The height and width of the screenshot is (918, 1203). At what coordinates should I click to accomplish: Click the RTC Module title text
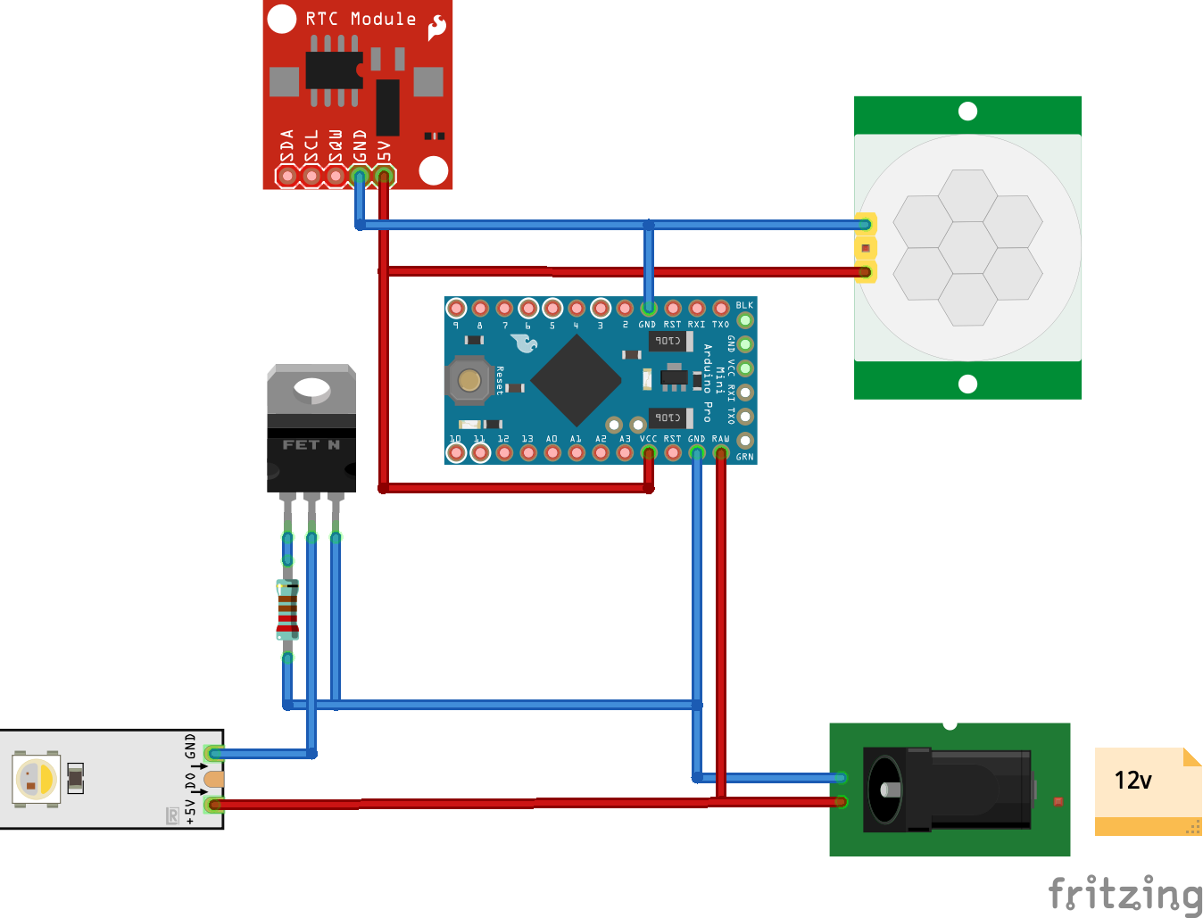tap(361, 19)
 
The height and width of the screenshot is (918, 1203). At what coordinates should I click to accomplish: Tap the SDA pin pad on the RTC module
tap(287, 176)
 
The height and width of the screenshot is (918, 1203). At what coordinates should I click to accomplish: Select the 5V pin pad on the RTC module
tap(384, 176)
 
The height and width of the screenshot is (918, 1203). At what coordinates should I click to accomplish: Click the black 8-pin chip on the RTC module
tap(334, 70)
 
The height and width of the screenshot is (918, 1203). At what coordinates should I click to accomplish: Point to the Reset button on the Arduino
tap(469, 380)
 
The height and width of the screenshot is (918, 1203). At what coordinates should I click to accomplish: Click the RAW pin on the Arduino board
tap(721, 453)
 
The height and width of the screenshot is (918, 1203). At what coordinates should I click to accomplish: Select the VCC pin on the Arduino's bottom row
tap(649, 453)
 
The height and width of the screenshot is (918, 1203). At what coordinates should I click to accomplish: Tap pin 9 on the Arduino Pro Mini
tap(456, 309)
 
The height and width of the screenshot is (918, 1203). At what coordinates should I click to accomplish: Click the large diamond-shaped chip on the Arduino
tap(577, 380)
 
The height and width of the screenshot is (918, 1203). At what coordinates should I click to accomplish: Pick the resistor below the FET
tap(287, 609)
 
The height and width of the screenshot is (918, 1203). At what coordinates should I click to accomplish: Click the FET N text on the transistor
tap(311, 444)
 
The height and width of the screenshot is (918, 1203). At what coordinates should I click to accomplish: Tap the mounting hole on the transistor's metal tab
tap(311, 388)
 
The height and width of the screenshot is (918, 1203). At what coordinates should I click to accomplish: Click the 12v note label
tap(1133, 781)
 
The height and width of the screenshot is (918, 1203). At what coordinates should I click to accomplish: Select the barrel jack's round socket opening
tap(886, 790)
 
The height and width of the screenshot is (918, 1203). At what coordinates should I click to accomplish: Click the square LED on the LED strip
tap(36, 779)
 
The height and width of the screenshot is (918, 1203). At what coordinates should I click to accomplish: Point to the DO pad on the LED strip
tap(213, 780)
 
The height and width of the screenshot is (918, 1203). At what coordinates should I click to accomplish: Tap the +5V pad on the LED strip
tap(212, 805)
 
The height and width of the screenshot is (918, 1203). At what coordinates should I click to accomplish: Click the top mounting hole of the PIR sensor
tap(967, 112)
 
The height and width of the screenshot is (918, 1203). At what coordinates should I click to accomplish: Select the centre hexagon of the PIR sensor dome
tap(967, 248)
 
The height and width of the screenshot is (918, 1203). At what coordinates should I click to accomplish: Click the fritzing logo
tap(1124, 894)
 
